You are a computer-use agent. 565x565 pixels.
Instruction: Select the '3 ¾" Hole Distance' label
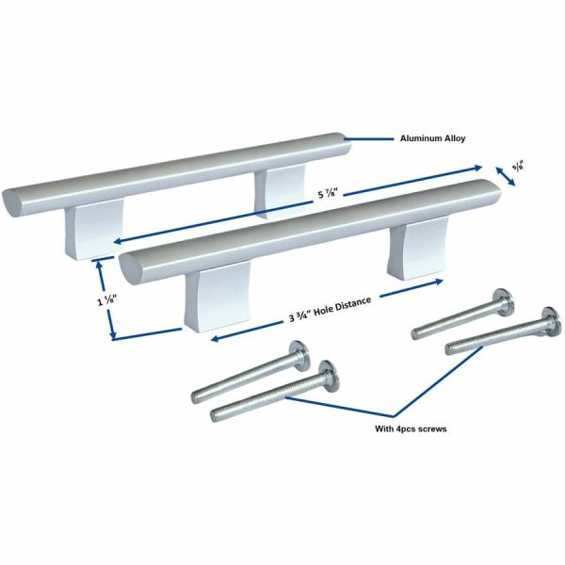click(x=329, y=310)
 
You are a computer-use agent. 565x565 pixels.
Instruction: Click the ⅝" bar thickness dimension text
click(x=518, y=166)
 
